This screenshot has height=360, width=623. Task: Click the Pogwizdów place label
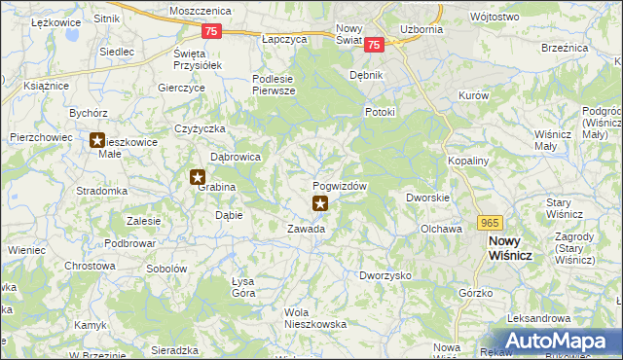tap(340, 186)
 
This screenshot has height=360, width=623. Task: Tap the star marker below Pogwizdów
tap(319, 203)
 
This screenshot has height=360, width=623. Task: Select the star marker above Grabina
tap(198, 177)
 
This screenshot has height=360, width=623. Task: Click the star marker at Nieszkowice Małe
tap(97, 141)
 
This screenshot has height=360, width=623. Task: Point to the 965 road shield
tap(490, 222)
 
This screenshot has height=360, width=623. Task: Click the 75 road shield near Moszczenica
tap(213, 32)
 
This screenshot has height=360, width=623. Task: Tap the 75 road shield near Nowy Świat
tap(377, 44)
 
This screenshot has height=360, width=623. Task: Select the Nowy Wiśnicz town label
tap(505, 247)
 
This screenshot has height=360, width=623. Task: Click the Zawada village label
tap(306, 230)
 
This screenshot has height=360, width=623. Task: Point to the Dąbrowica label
tap(236, 156)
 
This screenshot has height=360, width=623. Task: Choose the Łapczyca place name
tap(284, 39)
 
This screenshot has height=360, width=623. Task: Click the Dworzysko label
tap(385, 275)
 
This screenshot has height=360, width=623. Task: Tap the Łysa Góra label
tap(242, 287)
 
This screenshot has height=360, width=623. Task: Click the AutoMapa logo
tap(561, 340)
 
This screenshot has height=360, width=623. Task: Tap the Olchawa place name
tap(440, 229)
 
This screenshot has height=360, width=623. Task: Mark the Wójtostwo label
tap(521, 17)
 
